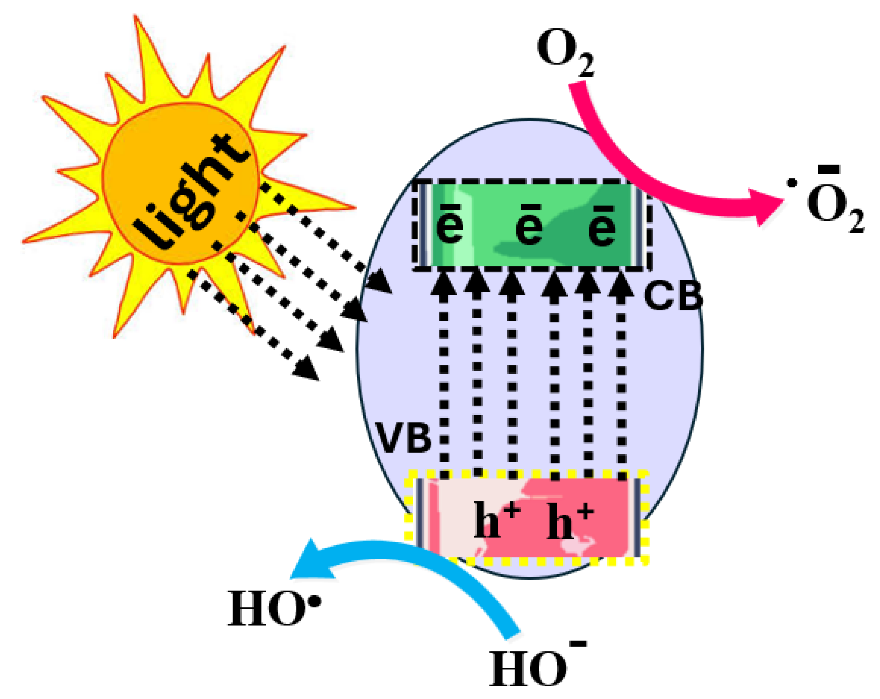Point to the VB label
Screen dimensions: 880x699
(x=403, y=439)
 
